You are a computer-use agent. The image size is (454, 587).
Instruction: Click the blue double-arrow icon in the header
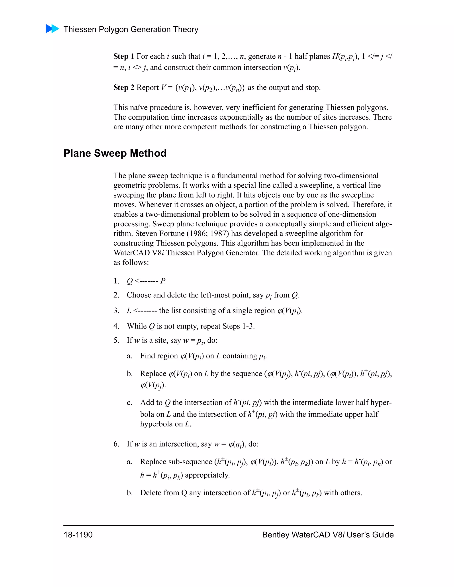coord(53,29)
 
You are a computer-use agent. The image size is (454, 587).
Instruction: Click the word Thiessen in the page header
coord(80,29)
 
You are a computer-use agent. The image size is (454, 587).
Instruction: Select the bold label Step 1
coord(124,56)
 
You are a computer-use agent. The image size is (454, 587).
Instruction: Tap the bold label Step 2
coord(124,88)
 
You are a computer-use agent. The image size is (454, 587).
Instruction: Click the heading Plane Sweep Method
coord(115,153)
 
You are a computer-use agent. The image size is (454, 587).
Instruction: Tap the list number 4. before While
coord(116,326)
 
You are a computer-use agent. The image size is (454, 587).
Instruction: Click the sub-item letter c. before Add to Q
coord(130,403)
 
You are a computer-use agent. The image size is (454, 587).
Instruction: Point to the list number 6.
coord(116,444)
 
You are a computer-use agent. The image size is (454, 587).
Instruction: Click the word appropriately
coord(207,475)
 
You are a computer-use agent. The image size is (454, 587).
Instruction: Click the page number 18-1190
coord(78,535)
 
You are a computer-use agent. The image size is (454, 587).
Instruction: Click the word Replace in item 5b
coord(153,374)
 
